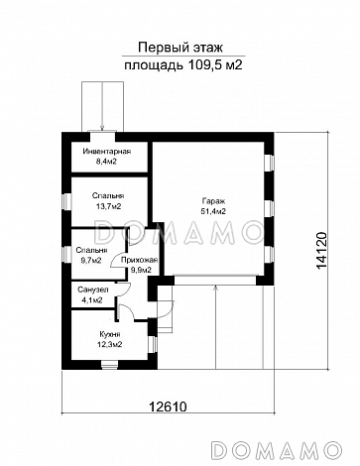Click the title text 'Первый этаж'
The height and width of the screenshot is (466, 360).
coord(180,48)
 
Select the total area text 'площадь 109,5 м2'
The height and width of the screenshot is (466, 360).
coord(183,65)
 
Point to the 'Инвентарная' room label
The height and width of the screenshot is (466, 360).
coord(107,152)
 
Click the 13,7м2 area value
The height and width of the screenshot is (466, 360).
coord(108,206)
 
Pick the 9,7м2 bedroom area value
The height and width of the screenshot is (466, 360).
coord(91,261)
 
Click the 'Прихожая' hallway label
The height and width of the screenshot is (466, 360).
coord(139,260)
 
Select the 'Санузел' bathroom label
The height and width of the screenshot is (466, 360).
coord(93,290)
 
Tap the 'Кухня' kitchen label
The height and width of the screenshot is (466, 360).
coord(110,334)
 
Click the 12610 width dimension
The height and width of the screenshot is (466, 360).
coord(168,407)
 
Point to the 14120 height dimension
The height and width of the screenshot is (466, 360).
coord(321,250)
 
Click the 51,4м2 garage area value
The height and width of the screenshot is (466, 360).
coord(213,212)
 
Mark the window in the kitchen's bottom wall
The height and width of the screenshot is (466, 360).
coord(109,364)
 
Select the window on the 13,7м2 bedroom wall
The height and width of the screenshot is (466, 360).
coord(67,201)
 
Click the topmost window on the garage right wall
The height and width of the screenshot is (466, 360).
coord(270,163)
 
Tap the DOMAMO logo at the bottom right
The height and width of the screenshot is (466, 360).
coord(276,450)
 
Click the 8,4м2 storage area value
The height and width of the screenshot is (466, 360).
coord(107,162)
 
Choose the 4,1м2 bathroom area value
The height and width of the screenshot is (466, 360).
coord(91,300)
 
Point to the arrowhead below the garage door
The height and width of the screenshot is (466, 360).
coord(215,289)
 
